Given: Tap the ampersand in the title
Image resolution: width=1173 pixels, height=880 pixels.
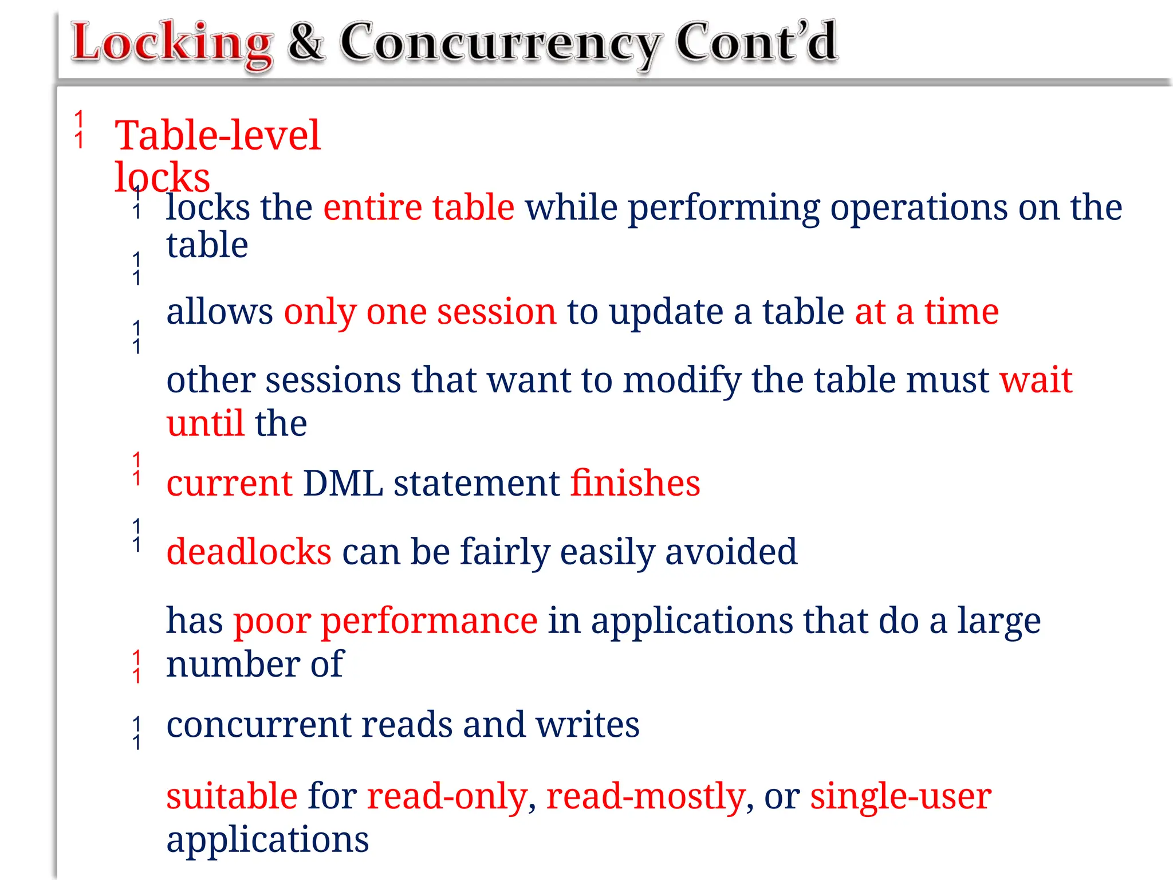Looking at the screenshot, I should [306, 42].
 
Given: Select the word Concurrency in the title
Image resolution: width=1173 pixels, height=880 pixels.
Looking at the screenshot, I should [500, 44].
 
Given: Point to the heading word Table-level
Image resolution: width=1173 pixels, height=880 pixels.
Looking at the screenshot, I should [217, 136].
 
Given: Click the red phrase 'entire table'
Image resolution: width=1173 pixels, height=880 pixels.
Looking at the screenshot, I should [419, 207].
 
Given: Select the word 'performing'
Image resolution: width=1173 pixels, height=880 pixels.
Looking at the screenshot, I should [724, 208].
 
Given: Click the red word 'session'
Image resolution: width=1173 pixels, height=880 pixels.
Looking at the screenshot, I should [496, 312].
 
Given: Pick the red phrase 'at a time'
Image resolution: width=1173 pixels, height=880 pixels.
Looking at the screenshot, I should [927, 312].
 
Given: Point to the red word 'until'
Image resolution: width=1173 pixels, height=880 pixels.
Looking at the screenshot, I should [205, 423].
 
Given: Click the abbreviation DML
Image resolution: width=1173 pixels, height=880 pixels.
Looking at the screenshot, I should [343, 483].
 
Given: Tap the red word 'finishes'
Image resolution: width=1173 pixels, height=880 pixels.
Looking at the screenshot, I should [635, 483].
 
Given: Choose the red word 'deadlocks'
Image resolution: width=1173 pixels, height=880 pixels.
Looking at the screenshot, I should [249, 552].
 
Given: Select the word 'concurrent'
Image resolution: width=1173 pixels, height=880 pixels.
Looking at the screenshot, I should [258, 725].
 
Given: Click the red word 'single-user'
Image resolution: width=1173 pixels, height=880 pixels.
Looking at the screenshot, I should [900, 796].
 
